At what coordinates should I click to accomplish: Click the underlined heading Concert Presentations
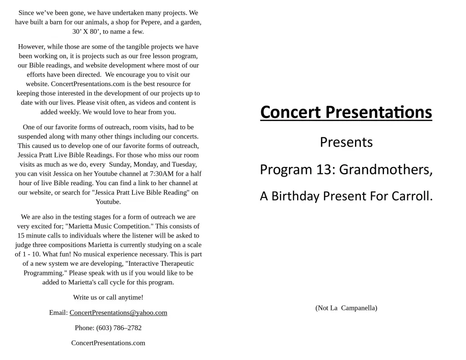pyautogui.click(x=346, y=112)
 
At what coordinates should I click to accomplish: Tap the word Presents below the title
pyautogui.click(x=346, y=142)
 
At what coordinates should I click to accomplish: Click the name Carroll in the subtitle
pyautogui.click(x=413, y=196)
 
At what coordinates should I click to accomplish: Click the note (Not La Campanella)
pyautogui.click(x=346, y=308)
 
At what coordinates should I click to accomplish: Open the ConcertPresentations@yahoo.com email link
pyautogui.click(x=118, y=313)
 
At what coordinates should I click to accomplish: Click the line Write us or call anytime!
pyautogui.click(x=108, y=298)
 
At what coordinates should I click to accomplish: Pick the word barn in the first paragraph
pyautogui.click(x=61, y=22)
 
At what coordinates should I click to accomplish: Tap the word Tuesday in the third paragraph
pyautogui.click(x=184, y=164)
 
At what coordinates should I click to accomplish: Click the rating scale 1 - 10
pyautogui.click(x=30, y=254)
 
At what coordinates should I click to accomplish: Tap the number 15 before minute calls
pyautogui.click(x=21, y=236)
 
